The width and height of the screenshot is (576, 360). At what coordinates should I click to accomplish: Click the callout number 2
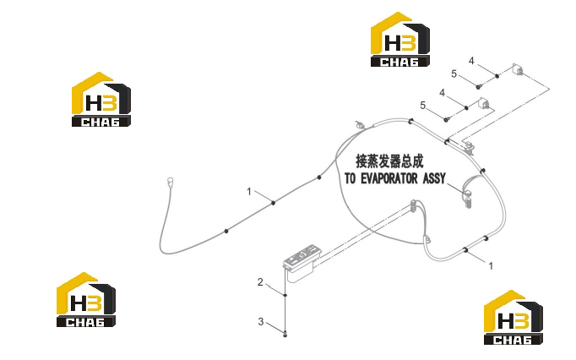[260, 282]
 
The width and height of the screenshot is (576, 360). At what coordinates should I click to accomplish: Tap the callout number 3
[261, 322]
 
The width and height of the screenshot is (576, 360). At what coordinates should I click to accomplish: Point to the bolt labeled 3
[285, 334]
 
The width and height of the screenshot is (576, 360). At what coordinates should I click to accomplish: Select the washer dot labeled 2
[285, 295]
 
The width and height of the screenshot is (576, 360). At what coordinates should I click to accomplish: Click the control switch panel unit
[302, 262]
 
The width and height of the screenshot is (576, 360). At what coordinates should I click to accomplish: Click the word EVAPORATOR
[389, 178]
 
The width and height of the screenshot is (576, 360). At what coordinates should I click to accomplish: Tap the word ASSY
[434, 178]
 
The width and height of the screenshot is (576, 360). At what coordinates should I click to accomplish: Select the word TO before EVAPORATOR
[350, 178]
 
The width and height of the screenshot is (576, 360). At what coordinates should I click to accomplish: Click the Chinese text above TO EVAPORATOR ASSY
[389, 161]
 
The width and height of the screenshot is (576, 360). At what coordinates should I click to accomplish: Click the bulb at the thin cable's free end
[170, 181]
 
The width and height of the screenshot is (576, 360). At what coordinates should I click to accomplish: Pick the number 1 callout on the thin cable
[249, 192]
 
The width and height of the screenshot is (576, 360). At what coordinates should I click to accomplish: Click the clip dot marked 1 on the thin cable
[273, 203]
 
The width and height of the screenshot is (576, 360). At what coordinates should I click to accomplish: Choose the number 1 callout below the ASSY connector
[491, 265]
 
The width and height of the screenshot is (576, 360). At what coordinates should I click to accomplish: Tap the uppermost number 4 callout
[471, 61]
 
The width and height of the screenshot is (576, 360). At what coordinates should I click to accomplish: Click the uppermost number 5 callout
[454, 74]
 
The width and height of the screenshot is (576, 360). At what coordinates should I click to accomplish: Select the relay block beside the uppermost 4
[518, 69]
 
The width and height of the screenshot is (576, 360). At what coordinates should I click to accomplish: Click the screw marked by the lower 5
[446, 119]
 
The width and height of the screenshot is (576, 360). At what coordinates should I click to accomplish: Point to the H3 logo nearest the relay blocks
[400, 40]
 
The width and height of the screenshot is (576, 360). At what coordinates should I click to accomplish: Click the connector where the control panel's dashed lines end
[414, 205]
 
